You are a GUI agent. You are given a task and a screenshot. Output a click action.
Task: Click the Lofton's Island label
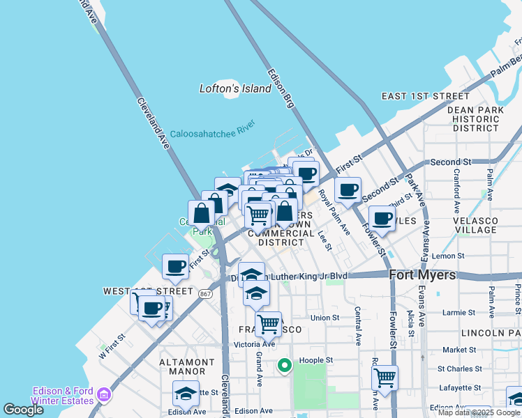234,88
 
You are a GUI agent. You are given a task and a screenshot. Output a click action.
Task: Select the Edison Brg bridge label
279,88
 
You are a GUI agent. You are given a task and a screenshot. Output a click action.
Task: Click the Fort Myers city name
422,274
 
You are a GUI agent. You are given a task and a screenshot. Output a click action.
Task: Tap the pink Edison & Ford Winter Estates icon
103,396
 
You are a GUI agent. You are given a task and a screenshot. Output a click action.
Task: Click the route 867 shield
205,294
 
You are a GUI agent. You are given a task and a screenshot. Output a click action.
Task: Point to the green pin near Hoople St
284,364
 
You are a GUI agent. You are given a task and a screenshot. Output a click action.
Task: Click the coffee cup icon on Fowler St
382,218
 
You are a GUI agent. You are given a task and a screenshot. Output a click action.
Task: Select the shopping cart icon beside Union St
269,323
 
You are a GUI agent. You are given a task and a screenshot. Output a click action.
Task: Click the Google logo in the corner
23,410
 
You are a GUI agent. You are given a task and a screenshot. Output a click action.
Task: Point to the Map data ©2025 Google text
479,412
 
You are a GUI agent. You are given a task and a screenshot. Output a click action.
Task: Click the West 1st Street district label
148,291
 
